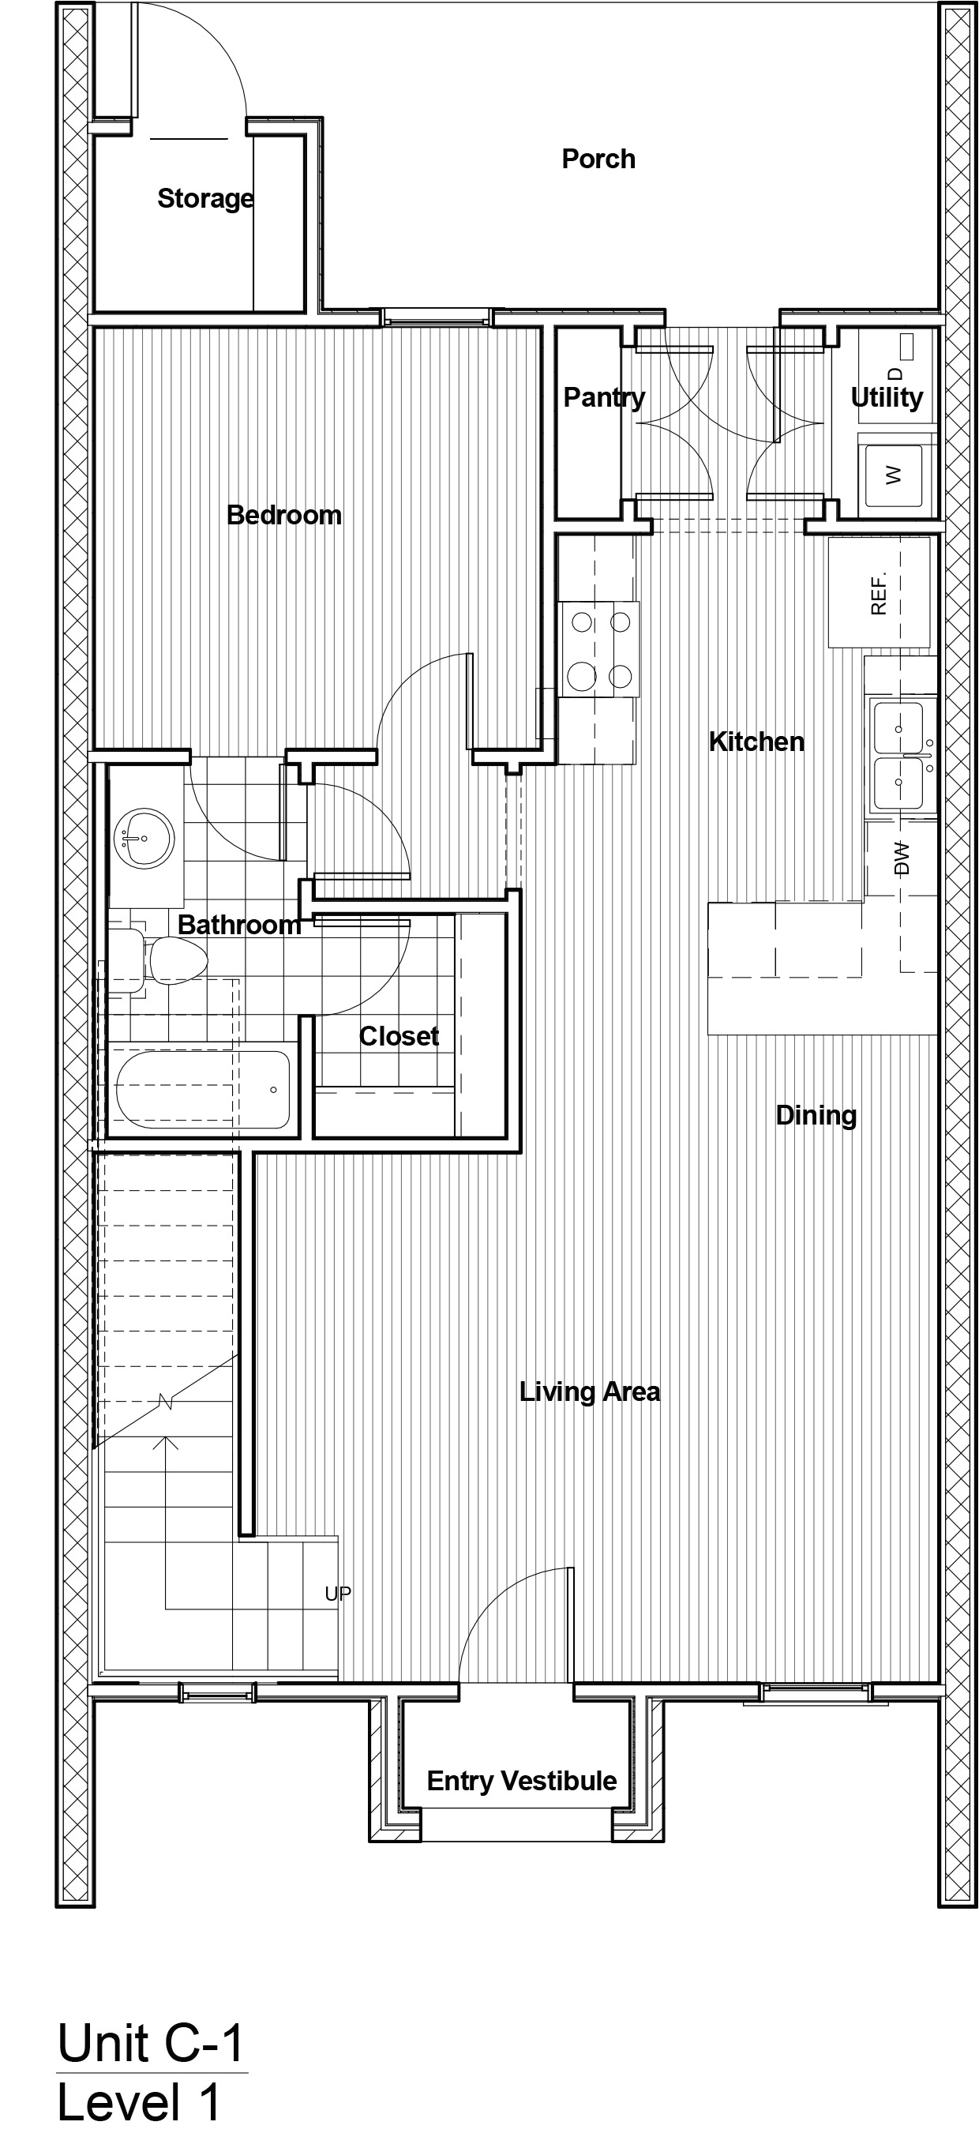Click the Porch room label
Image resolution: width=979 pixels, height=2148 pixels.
click(598, 159)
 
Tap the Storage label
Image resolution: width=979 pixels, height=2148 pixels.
click(205, 198)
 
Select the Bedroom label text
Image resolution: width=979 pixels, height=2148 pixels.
click(284, 516)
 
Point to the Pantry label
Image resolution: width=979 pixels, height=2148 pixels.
click(604, 398)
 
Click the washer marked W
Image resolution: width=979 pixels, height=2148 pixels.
click(893, 475)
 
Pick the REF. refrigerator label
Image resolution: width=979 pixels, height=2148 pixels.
click(878, 593)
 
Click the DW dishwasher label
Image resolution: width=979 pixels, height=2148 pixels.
click(901, 858)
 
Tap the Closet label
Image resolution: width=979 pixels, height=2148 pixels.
click(399, 1035)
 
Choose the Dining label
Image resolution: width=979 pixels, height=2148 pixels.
click(816, 1115)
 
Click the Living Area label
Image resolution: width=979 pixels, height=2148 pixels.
click(590, 1391)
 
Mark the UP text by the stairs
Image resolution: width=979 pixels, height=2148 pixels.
click(338, 1594)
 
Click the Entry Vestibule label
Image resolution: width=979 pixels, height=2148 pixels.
click(521, 1781)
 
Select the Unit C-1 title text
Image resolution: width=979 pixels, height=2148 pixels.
click(151, 2044)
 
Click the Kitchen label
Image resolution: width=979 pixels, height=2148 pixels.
click(756, 742)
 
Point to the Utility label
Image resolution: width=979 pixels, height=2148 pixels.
click(887, 398)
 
